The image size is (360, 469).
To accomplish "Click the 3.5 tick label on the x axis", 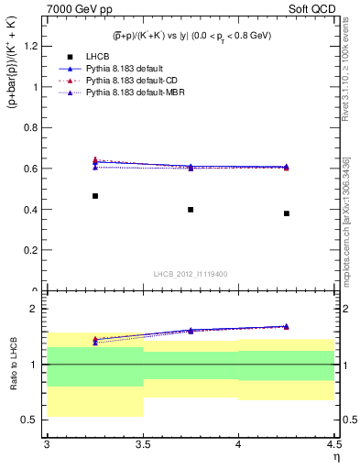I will point(143,446).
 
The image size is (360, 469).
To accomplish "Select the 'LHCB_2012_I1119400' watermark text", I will point(191,273).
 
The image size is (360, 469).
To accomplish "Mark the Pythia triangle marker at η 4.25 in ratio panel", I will point(286,326).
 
